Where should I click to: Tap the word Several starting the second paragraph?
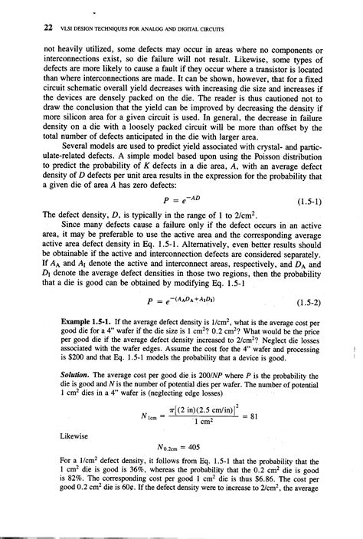tap(60, 146)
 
